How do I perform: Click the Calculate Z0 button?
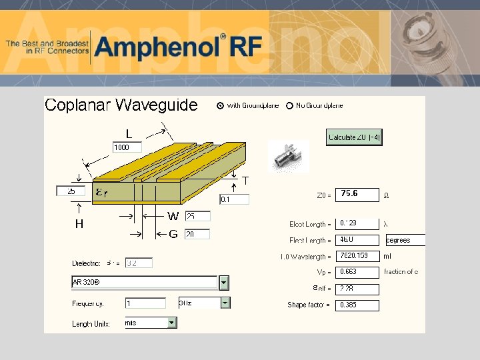click(x=354, y=137)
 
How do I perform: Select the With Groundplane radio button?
click(x=221, y=105)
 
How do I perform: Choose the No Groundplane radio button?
click(x=289, y=105)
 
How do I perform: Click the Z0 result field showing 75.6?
click(x=357, y=194)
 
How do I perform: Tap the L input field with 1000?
click(x=127, y=147)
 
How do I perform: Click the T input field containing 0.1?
click(x=234, y=199)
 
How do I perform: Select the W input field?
click(x=197, y=217)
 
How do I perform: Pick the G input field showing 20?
click(x=197, y=234)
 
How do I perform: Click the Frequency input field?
click(x=145, y=303)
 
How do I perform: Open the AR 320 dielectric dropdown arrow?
click(x=224, y=283)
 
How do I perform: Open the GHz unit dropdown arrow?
click(x=225, y=303)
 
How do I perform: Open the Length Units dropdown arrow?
click(x=172, y=323)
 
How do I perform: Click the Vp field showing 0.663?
click(x=357, y=273)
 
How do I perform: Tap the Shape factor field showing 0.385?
click(x=357, y=305)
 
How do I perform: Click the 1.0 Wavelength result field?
click(x=357, y=256)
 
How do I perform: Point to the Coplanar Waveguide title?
click(x=121, y=105)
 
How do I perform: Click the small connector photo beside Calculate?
click(x=289, y=157)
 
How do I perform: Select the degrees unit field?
click(x=404, y=240)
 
